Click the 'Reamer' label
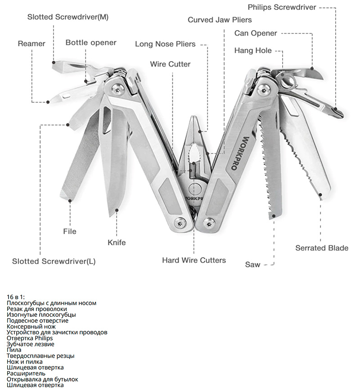pos(31,44)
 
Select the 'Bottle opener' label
pos(91,43)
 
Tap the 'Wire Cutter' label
pos(170,64)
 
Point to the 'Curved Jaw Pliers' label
pos(220,20)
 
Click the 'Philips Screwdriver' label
pos(282,7)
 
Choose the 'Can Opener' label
pos(256,33)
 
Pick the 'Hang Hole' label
pos(253,50)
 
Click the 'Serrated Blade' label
pos(322,248)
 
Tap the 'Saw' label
pos(252,265)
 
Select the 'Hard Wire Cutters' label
pos(194,260)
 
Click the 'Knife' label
pos(117,243)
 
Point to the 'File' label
pos(70,231)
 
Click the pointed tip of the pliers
pos(194,118)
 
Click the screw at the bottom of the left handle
pos(180,221)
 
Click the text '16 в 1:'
pos(16,297)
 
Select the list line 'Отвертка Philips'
pos(30,338)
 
